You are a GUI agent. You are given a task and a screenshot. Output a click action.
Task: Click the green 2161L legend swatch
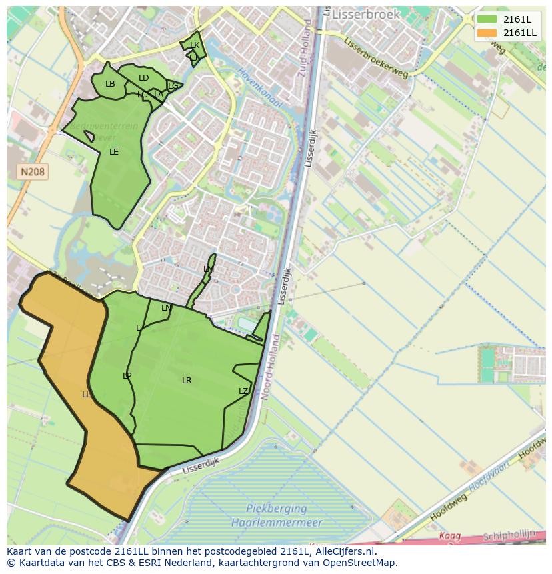point(487,19)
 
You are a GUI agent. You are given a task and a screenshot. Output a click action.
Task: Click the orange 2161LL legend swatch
point(487,33)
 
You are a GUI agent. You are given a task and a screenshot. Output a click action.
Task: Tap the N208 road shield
point(33,172)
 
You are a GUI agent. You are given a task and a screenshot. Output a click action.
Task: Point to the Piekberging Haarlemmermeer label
point(276,515)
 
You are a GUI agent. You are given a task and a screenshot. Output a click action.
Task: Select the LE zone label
point(114,152)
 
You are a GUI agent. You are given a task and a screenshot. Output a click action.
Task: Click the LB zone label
point(110,84)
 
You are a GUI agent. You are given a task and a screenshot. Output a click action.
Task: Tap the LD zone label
point(143,78)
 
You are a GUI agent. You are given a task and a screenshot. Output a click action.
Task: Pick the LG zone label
point(173,86)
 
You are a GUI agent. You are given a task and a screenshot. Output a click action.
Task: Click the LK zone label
point(195,45)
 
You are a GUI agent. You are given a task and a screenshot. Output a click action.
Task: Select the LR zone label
point(187,381)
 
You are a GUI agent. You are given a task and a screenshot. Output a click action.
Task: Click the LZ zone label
point(243,391)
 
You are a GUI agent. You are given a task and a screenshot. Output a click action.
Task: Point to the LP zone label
point(127,376)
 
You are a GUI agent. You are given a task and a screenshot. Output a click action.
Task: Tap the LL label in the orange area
point(86,395)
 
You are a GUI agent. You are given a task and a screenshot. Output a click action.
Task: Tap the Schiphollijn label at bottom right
point(509,535)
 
